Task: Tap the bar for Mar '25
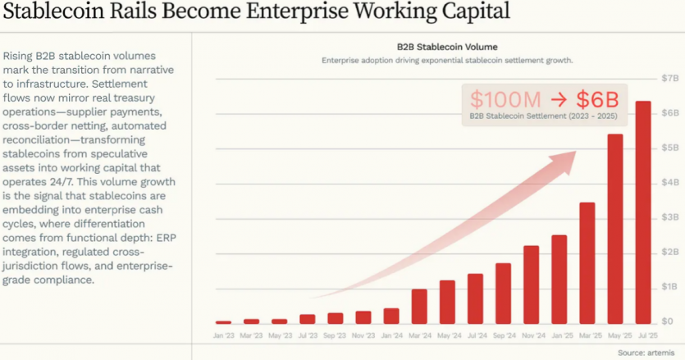pos(587,262)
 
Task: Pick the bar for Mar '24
pos(419,306)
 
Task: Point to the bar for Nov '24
pos(532,284)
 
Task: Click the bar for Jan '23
pos(223,321)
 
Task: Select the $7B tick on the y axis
pos(670,78)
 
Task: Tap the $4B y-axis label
pos(670,182)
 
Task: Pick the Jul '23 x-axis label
pos(307,336)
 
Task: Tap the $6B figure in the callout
pos(596,100)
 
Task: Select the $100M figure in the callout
pos(505,100)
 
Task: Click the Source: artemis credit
pos(649,353)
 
